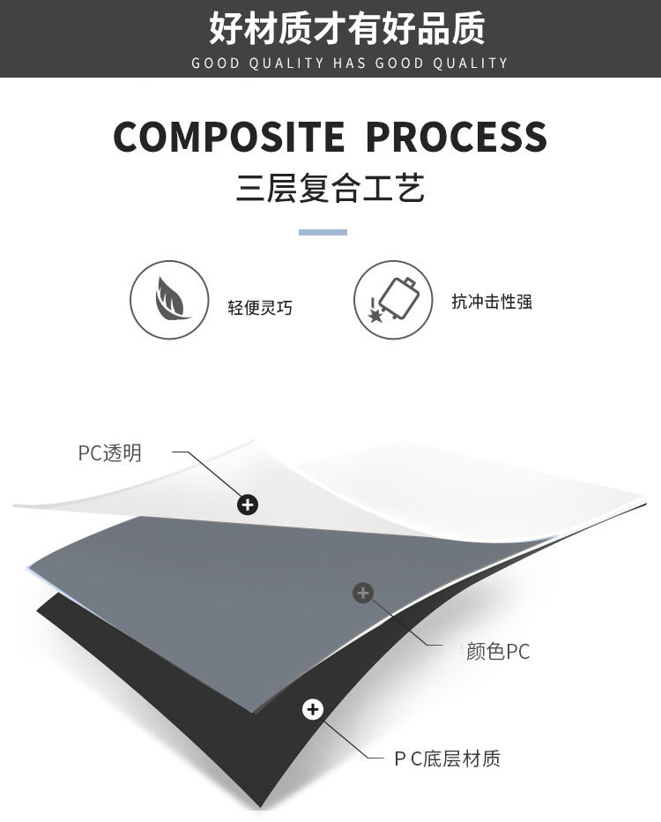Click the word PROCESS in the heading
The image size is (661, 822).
(457, 137)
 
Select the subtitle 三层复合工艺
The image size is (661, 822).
(330, 188)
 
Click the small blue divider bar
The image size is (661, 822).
(323, 232)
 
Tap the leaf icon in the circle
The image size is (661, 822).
(169, 301)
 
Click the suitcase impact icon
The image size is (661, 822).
(393, 301)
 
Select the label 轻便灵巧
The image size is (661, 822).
(260, 308)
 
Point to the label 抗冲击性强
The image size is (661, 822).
(492, 302)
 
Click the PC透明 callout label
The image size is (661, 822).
(109, 453)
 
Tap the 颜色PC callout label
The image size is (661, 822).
(498, 653)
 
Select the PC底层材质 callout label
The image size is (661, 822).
(447, 758)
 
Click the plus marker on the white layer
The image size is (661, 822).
(249, 504)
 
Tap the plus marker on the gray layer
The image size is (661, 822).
(363, 593)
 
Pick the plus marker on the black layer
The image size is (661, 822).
(313, 709)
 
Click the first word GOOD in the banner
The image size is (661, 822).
(216, 64)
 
